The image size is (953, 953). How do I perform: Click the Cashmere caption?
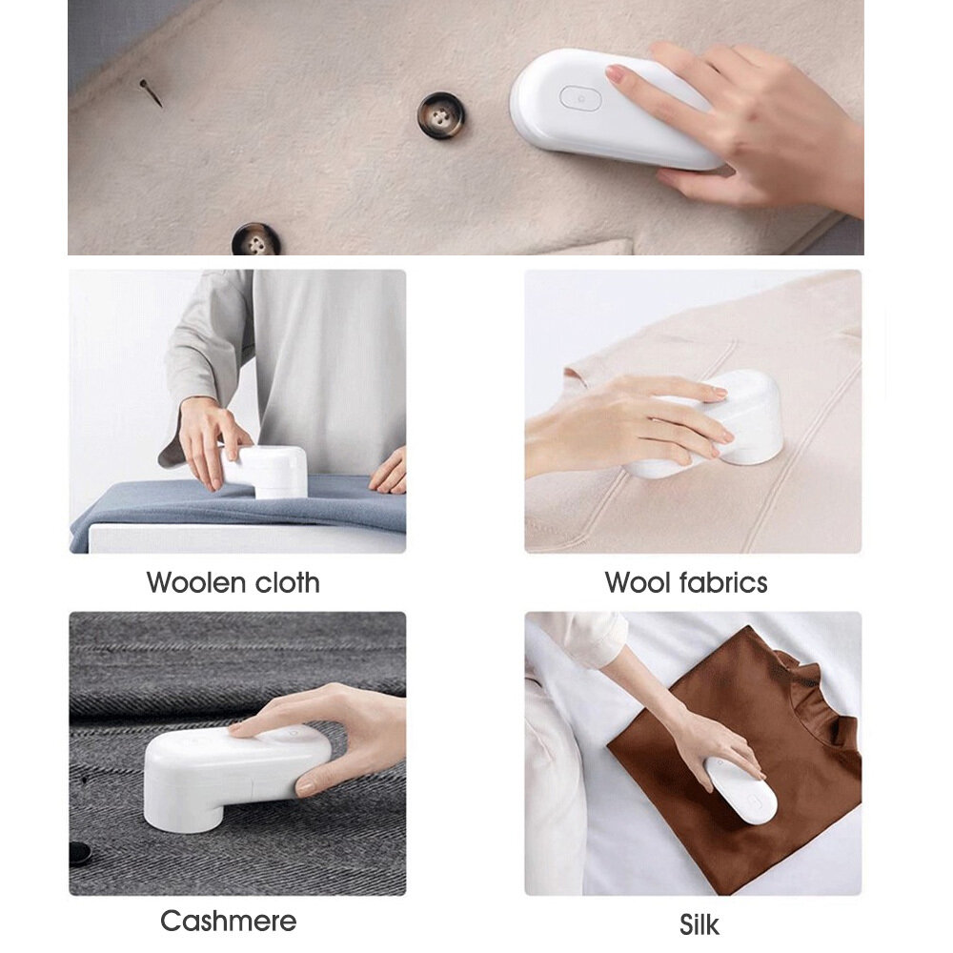tap(228, 921)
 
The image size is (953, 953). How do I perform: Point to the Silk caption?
tap(699, 924)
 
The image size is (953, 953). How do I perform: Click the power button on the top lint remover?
tap(579, 97)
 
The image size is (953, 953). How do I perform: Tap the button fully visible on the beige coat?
tap(442, 115)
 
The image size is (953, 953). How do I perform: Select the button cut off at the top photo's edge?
tap(255, 240)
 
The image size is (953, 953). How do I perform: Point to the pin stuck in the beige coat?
tap(151, 92)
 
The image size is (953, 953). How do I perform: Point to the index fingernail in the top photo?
tap(616, 73)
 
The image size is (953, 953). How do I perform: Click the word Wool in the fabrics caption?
tap(639, 582)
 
